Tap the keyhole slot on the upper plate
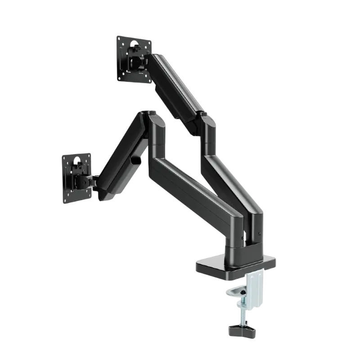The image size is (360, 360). pyautogui.click(x=134, y=44)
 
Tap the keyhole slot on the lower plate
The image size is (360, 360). pyautogui.click(x=77, y=161)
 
